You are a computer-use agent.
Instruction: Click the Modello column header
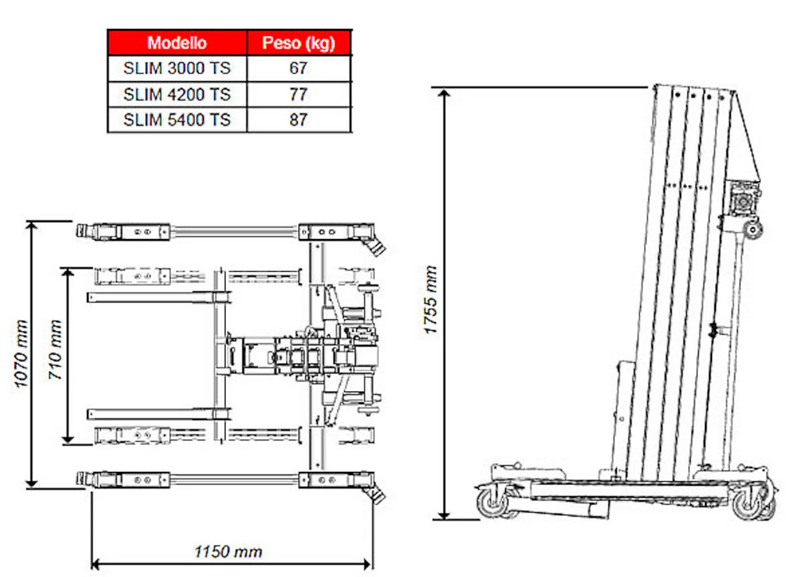pyautogui.click(x=177, y=43)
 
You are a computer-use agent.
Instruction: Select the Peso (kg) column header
pyautogui.click(x=299, y=43)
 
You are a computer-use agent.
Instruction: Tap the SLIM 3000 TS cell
pyautogui.click(x=177, y=68)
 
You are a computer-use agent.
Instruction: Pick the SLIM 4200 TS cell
pyautogui.click(x=177, y=94)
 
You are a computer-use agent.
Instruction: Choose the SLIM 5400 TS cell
pyautogui.click(x=177, y=120)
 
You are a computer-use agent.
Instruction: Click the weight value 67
pyautogui.click(x=299, y=68)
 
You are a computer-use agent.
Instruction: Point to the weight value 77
pyautogui.click(x=299, y=94)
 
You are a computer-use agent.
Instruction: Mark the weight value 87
pyautogui.click(x=299, y=120)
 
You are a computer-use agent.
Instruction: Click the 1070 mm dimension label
pyautogui.click(x=20, y=354)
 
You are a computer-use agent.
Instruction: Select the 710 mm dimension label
pyautogui.click(x=55, y=350)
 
